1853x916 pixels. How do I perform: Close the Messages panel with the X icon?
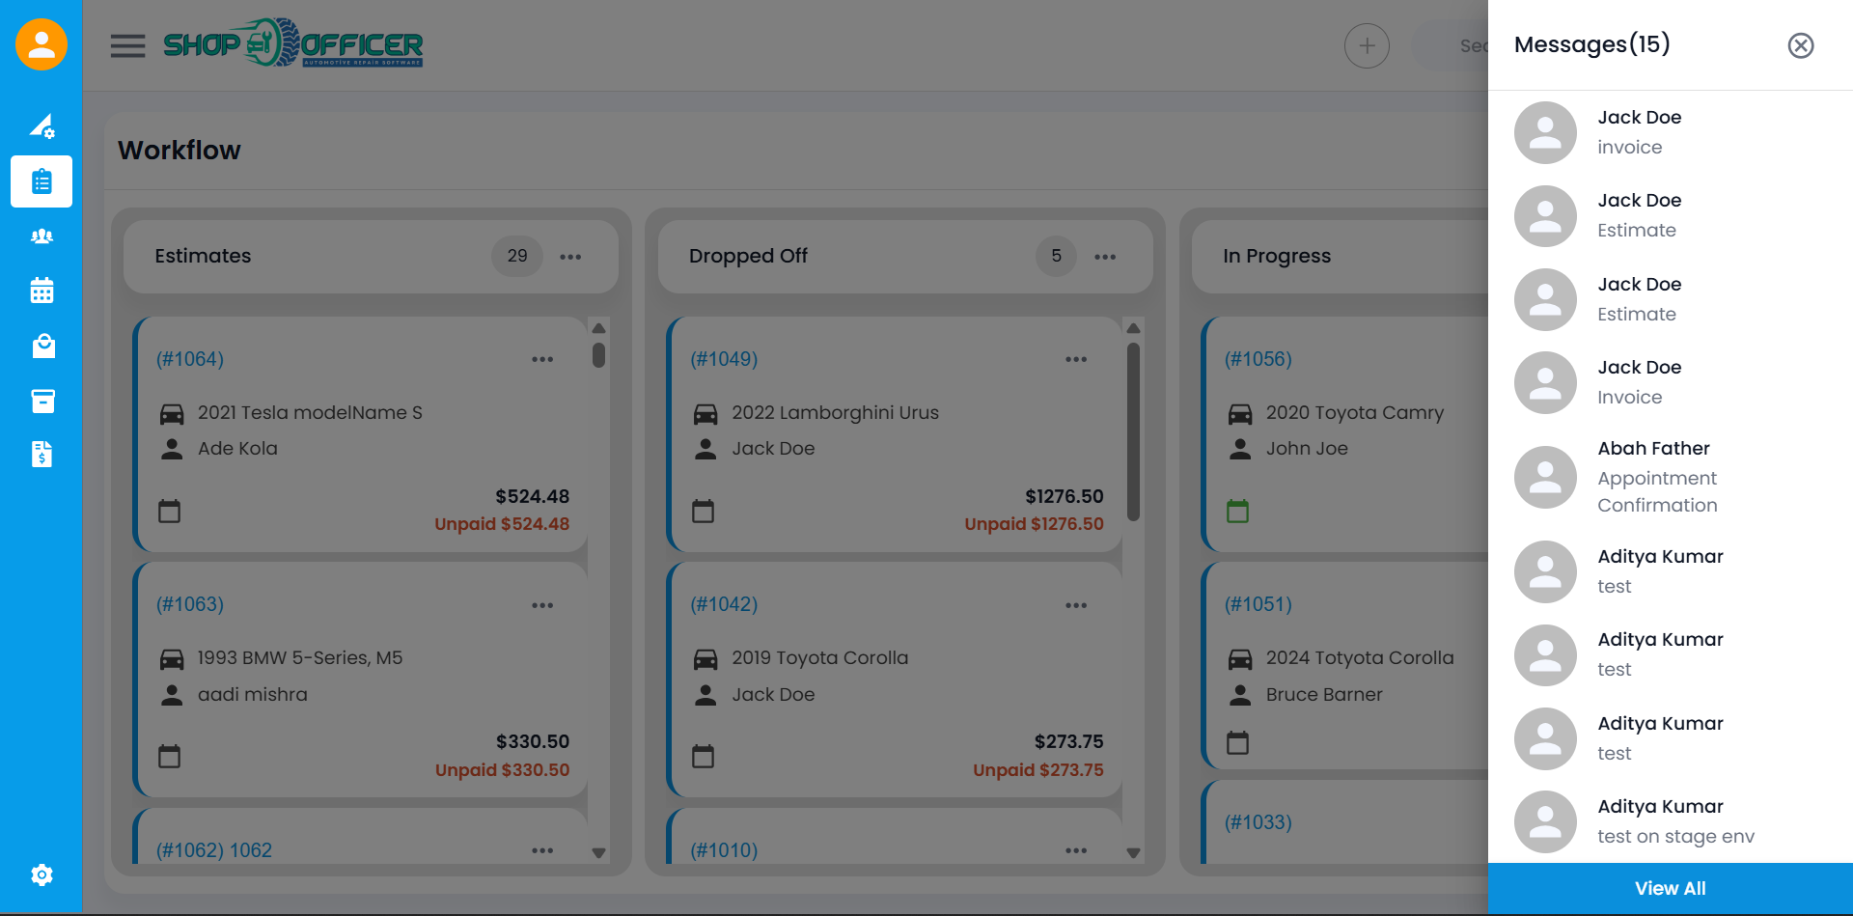click(x=1800, y=45)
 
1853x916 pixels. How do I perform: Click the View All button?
click(x=1670, y=888)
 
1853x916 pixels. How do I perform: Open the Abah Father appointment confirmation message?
click(x=1656, y=477)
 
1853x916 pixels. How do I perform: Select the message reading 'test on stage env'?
click(x=1674, y=836)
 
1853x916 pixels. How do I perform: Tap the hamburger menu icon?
click(x=127, y=45)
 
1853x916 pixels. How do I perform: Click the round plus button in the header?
click(x=1367, y=45)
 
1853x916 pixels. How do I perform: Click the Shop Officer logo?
click(x=293, y=43)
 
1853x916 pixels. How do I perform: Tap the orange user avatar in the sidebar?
click(x=41, y=44)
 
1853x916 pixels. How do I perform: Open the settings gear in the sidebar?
click(x=41, y=874)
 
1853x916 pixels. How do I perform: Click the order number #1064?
click(x=190, y=359)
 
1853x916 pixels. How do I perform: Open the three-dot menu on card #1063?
click(x=542, y=605)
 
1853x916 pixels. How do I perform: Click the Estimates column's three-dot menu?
click(x=570, y=257)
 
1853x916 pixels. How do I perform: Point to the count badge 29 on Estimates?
click(x=517, y=256)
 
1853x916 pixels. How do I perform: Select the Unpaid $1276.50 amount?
click(x=1034, y=524)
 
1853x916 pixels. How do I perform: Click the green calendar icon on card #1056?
click(x=1237, y=511)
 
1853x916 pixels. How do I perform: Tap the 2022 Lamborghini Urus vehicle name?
click(x=835, y=413)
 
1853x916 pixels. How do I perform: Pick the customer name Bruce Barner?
click(x=1324, y=695)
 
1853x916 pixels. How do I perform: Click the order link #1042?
click(x=724, y=604)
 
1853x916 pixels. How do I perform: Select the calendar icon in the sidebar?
click(x=41, y=291)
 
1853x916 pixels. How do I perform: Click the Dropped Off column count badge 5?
click(x=1056, y=256)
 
